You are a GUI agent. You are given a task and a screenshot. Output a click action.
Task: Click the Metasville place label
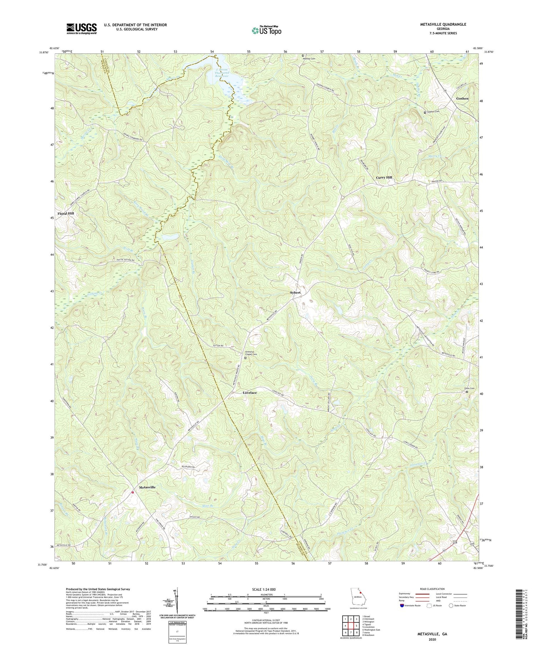[147, 487]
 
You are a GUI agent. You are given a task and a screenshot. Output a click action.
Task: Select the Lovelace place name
[250, 393]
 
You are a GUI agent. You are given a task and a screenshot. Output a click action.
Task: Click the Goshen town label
[462, 98]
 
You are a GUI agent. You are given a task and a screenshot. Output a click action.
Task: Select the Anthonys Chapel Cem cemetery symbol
[245, 358]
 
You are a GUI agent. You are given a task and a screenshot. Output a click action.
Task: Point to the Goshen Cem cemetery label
[433, 112]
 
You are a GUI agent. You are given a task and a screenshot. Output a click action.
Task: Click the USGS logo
[81, 29]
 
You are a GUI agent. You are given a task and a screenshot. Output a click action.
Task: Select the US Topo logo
[266, 30]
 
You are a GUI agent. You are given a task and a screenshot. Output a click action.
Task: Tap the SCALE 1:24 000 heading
[266, 589]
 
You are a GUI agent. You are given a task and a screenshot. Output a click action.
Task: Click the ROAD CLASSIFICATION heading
[432, 589]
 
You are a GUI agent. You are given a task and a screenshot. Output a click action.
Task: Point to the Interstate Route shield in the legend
[402, 605]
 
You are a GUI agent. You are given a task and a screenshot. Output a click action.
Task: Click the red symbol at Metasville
[133, 492]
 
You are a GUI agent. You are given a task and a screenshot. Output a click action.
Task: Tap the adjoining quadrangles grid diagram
[351, 623]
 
